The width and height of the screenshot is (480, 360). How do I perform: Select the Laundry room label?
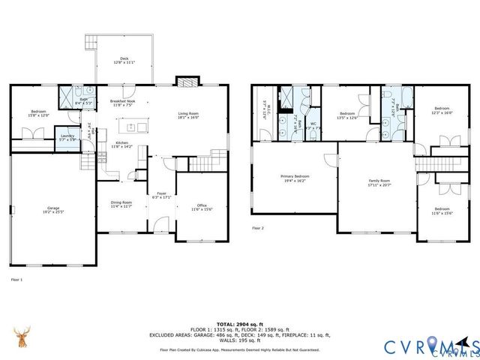point(67,137)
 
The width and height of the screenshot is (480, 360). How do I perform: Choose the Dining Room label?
point(121,203)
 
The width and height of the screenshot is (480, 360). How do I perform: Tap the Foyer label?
point(161,196)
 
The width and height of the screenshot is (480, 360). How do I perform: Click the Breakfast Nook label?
point(122,103)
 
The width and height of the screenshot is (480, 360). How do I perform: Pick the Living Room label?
point(188,115)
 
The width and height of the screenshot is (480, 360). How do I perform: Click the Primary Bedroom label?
point(295,178)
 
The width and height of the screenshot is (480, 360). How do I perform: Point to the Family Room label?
point(379,182)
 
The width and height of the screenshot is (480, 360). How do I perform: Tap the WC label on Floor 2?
point(313,125)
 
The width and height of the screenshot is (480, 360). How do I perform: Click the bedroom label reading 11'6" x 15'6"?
point(442,211)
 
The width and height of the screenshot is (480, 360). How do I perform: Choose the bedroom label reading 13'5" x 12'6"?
point(346,115)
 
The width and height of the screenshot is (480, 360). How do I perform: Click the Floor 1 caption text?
point(16,279)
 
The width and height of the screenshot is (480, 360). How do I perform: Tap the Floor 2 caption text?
point(258,227)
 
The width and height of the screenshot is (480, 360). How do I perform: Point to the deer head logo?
point(22,339)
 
